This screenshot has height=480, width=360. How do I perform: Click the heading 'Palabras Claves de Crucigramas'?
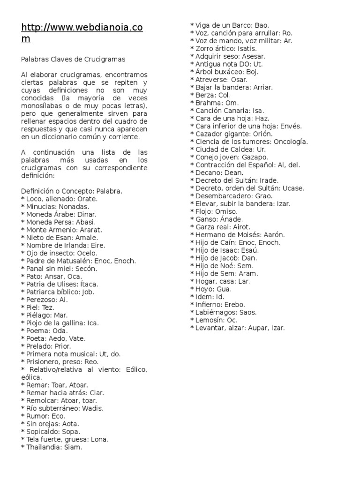(x=74, y=60)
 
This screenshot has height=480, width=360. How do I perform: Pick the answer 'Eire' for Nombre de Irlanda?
(x=96, y=245)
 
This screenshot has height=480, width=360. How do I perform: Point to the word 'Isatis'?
(x=247, y=49)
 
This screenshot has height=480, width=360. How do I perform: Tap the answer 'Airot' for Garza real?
(x=242, y=227)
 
